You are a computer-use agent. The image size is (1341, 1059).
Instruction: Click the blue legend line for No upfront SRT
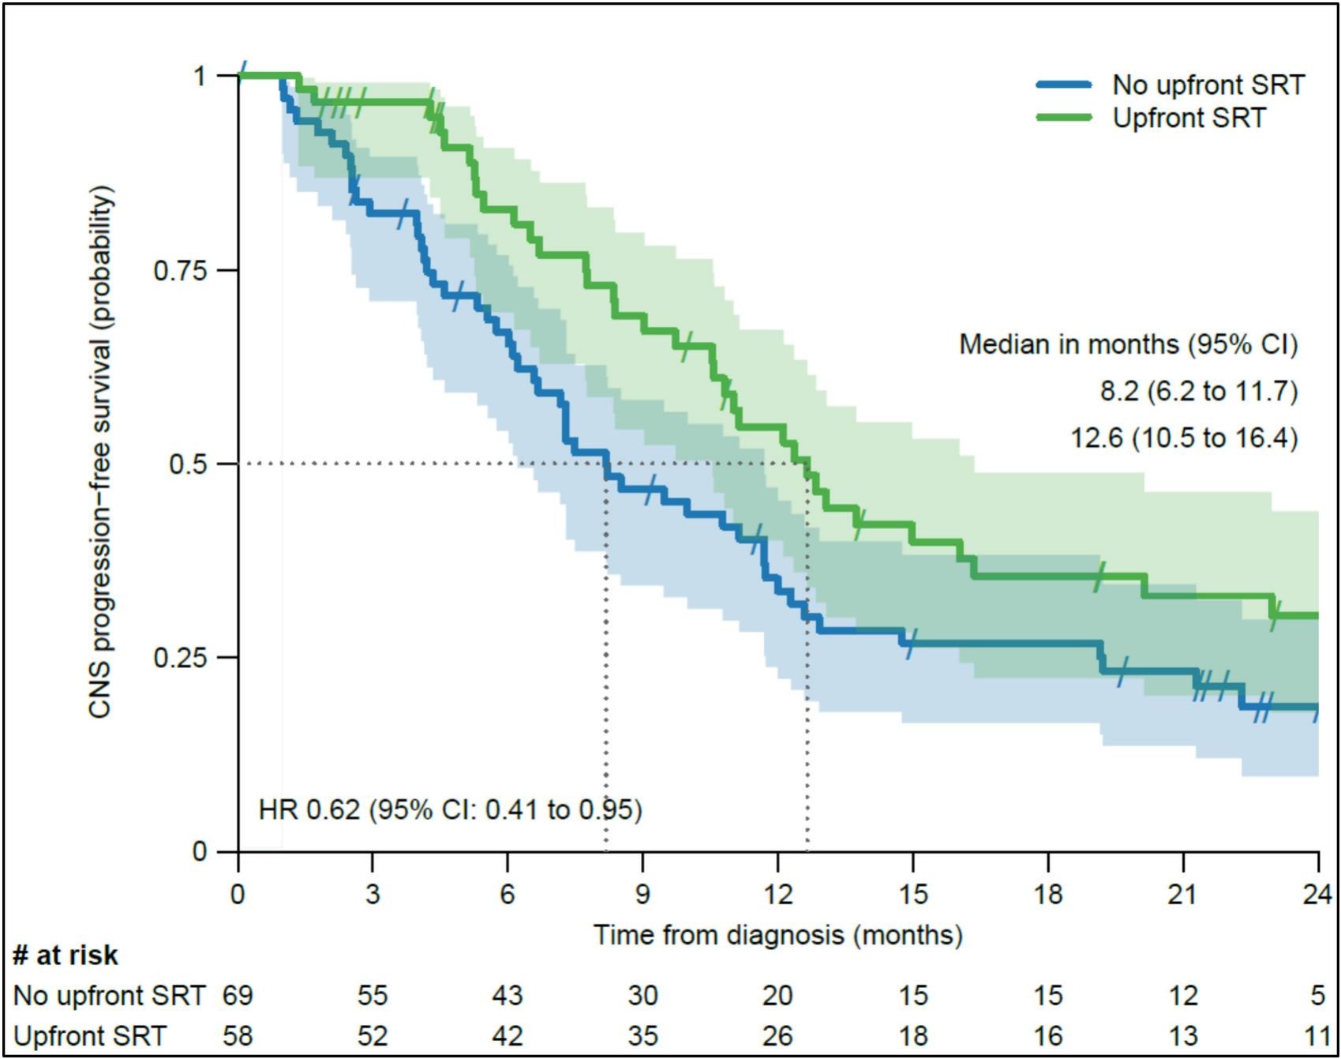click(x=1064, y=84)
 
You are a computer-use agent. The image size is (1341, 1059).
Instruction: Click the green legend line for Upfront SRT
click(x=1064, y=118)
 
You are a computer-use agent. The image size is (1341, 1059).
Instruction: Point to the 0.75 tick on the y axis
click(x=227, y=270)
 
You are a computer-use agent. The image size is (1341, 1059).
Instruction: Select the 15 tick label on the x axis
click(x=913, y=895)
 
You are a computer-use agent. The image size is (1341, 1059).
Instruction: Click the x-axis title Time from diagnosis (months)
click(x=777, y=935)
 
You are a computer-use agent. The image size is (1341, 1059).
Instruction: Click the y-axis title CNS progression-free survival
click(x=101, y=452)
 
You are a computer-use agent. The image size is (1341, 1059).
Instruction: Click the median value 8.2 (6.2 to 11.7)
click(x=1198, y=391)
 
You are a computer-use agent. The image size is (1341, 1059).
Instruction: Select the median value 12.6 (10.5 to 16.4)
click(x=1183, y=437)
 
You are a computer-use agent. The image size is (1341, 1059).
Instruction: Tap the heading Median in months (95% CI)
click(x=1128, y=344)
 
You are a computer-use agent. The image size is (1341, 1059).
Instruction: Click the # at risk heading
click(x=66, y=956)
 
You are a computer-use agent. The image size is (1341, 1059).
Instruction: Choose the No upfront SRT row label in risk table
click(x=109, y=996)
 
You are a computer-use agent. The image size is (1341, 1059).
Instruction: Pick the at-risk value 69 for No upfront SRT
click(x=238, y=996)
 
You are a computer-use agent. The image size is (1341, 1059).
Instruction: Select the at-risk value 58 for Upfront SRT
click(x=238, y=1036)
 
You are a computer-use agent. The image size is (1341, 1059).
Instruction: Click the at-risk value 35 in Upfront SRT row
click(x=642, y=1036)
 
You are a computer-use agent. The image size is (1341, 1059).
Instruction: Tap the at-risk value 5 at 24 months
click(x=1318, y=996)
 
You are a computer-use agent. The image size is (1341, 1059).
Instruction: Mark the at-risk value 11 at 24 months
click(x=1317, y=1036)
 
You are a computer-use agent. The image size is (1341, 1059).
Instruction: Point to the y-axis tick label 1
click(x=200, y=77)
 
